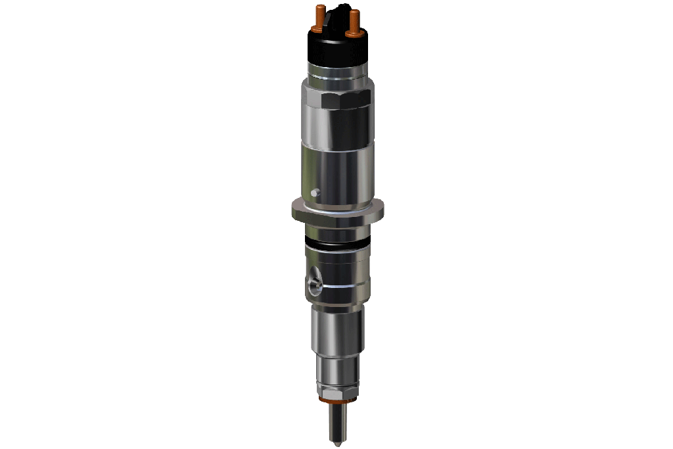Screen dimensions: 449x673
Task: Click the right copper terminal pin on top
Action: [x=355, y=20]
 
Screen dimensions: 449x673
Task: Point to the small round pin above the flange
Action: [x=315, y=193]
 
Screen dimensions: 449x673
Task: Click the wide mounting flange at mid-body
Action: [x=336, y=210]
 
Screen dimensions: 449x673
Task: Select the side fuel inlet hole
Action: [x=313, y=284]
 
